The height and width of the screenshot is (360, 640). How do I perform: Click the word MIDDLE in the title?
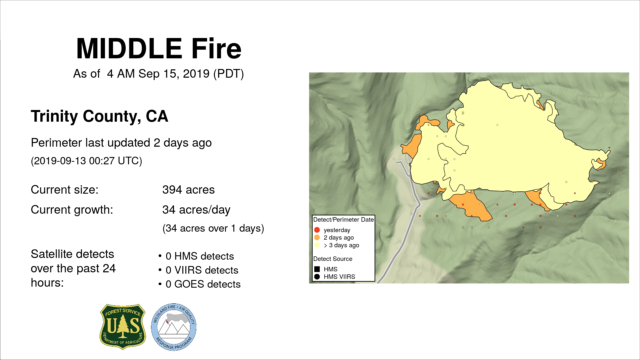129,49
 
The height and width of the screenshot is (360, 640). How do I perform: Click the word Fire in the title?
216,49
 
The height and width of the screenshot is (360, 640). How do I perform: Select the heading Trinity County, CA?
99,116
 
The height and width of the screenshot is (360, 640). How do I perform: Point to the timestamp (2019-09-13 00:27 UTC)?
86,161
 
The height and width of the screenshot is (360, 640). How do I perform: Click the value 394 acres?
188,190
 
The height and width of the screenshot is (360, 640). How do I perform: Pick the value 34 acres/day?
196,210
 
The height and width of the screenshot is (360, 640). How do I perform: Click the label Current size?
64,190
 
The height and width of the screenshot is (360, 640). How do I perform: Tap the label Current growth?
72,210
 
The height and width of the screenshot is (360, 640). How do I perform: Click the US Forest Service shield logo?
123,327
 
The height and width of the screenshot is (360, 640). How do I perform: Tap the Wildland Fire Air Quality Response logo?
174,327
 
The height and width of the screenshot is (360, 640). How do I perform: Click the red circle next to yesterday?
317,230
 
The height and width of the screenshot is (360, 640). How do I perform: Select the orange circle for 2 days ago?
317,238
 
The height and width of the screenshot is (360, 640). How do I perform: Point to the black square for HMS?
317,269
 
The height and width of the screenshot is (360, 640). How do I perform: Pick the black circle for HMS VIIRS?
317,277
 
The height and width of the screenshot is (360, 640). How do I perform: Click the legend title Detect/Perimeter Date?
343,220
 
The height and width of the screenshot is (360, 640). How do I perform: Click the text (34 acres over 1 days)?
213,229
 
